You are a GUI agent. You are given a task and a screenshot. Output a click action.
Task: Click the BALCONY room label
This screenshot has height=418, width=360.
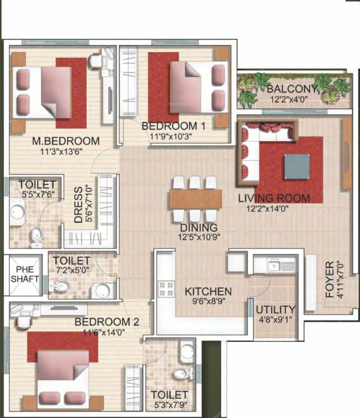(x=292, y=89)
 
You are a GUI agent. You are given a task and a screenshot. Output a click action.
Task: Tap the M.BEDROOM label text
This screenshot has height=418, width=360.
(x=65, y=141)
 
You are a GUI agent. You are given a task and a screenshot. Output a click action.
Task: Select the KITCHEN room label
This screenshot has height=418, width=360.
(x=208, y=292)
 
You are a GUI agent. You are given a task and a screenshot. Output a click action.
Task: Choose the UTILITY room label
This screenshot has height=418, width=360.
(x=276, y=309)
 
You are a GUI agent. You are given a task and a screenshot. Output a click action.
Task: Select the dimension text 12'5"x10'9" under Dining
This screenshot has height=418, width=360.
(x=199, y=237)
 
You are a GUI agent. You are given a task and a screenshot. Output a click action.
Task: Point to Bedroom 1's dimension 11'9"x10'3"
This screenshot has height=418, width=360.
(x=173, y=136)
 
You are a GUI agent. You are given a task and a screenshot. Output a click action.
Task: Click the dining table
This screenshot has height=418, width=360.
(x=196, y=198)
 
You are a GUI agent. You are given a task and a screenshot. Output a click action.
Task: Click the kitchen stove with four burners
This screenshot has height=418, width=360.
(x=166, y=289)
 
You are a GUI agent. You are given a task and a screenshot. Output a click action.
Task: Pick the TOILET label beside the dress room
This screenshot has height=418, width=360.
(x=37, y=185)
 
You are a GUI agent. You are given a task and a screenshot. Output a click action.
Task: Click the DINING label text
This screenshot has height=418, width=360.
(x=199, y=228)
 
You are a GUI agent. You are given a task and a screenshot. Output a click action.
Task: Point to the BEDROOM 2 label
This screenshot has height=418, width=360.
(x=107, y=322)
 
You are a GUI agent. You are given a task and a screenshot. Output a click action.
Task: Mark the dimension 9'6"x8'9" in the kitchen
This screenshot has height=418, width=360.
(x=208, y=302)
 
